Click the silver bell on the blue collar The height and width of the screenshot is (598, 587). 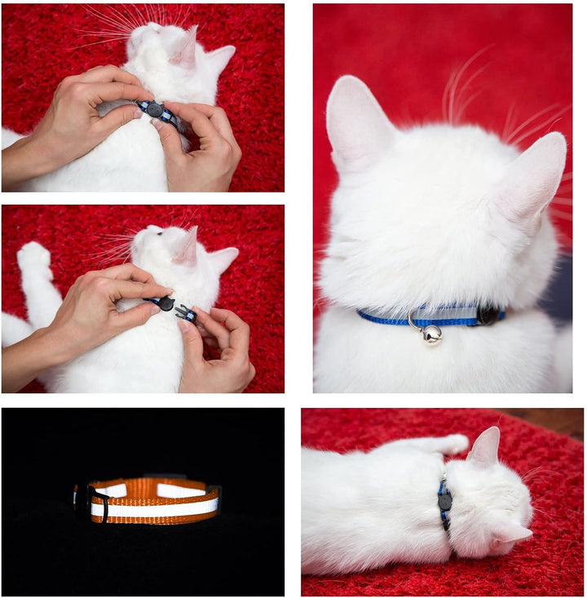point(431,334)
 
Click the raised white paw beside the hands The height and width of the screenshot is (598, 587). point(34,259)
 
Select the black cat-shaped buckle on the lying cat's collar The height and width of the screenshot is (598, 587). point(444,501)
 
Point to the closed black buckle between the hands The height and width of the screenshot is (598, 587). point(154,109)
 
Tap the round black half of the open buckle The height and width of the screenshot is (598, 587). point(166,303)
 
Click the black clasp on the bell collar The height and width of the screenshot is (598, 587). point(489,315)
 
